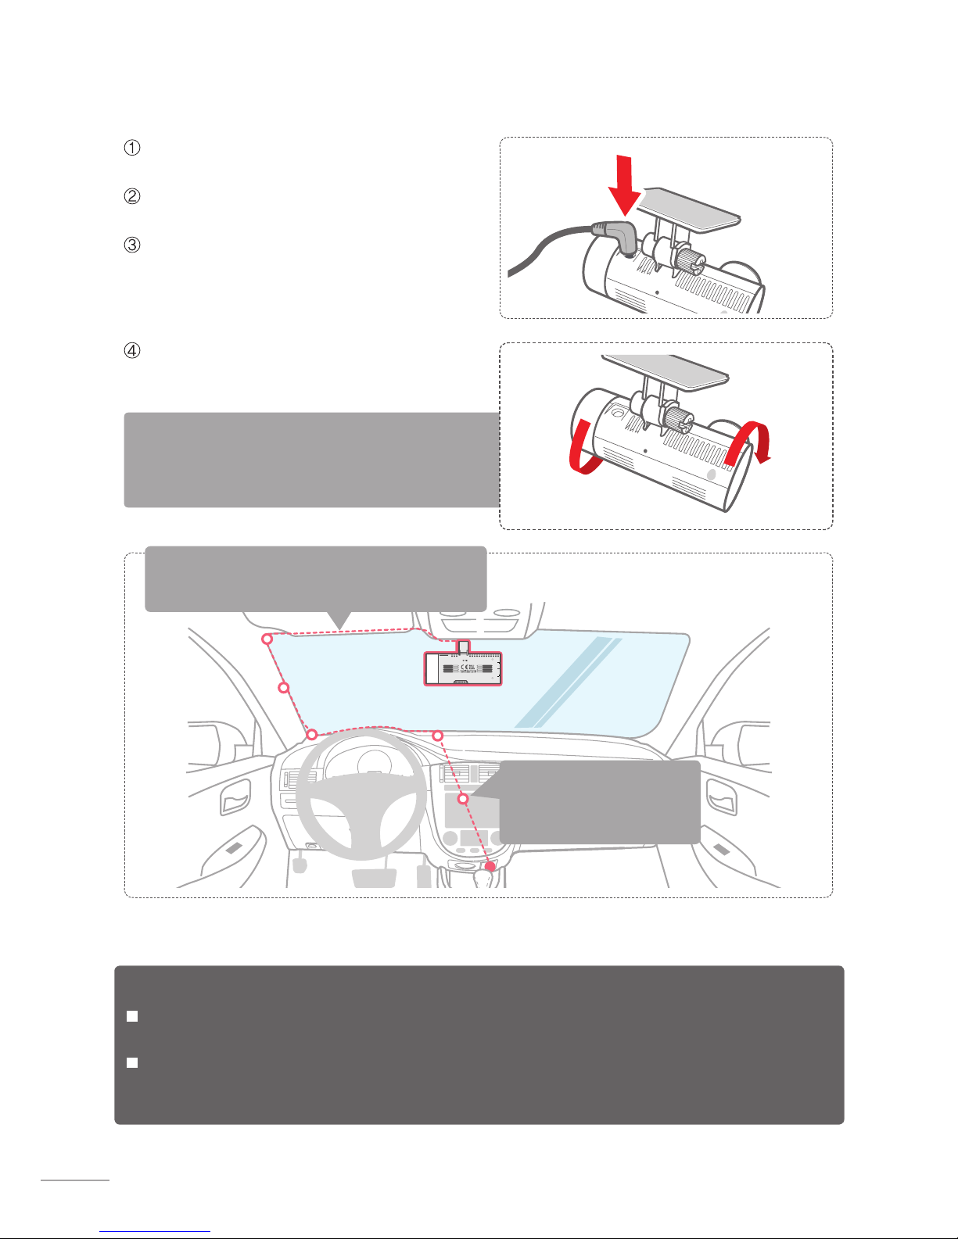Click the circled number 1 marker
(132, 148)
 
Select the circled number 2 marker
(132, 196)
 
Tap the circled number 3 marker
(132, 245)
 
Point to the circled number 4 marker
(132, 351)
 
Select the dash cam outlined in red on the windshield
(463, 668)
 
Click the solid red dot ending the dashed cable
(490, 866)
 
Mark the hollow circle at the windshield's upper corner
(267, 639)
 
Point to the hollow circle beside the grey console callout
(463, 799)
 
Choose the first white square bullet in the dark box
(132, 1016)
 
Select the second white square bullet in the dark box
(132, 1062)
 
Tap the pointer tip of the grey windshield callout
(339, 626)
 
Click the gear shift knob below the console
(484, 879)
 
